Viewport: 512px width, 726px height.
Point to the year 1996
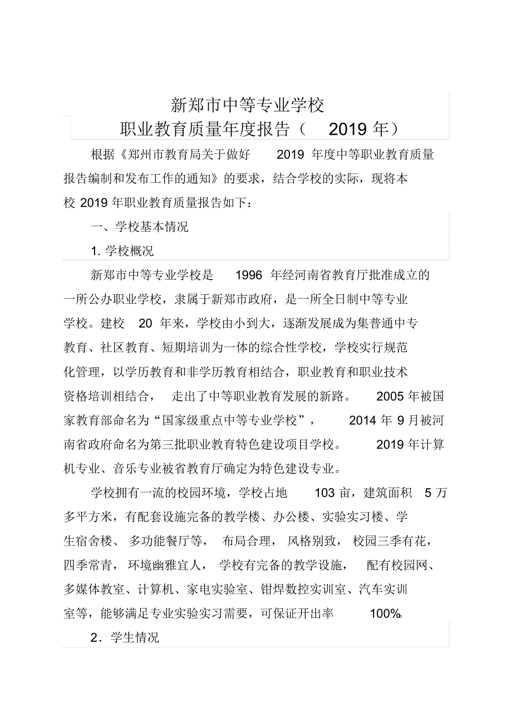pyautogui.click(x=249, y=275)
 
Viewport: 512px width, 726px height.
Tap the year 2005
pyautogui.click(x=390, y=397)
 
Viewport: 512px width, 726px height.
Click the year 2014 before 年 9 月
pyautogui.click(x=362, y=421)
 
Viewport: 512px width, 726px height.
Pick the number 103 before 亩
pyautogui.click(x=324, y=493)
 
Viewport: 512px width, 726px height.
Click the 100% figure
pyautogui.click(x=385, y=614)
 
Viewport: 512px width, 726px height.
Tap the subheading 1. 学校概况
pyautogui.click(x=122, y=251)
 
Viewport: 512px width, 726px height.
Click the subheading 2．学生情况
pyautogui.click(x=125, y=638)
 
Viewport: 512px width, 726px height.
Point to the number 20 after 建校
pyautogui.click(x=145, y=324)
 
